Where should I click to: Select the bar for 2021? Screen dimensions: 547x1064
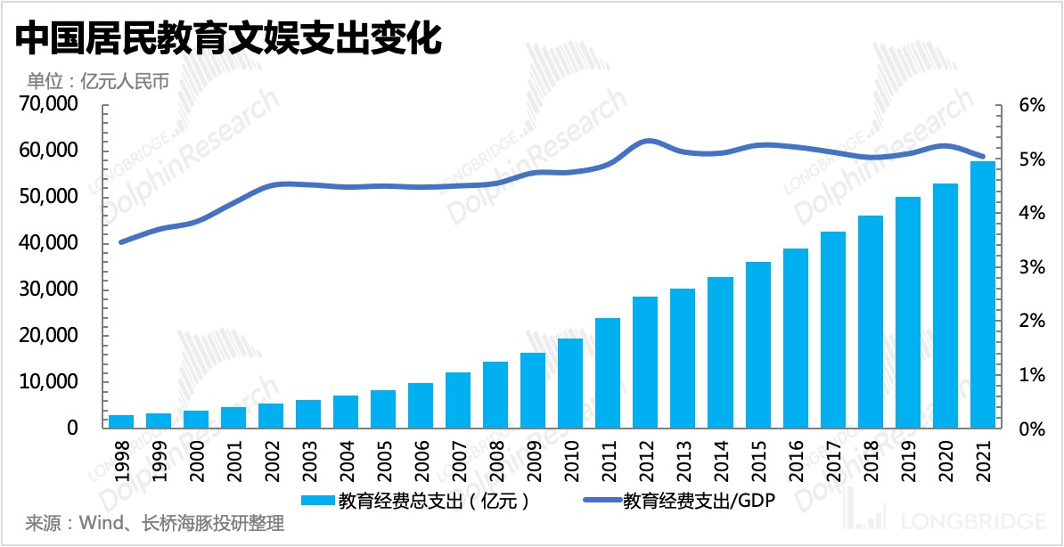coord(983,294)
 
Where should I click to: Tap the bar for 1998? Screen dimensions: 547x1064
coord(122,421)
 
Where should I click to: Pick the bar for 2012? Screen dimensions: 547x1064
coord(645,362)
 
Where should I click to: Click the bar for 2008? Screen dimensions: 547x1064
coord(495,395)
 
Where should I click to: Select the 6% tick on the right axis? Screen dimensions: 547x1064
coord(1031,105)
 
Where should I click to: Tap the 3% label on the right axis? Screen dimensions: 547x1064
coord(1031,267)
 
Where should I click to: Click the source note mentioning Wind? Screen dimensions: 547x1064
coord(155,522)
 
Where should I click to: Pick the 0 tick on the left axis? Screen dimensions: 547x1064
coord(72,429)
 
